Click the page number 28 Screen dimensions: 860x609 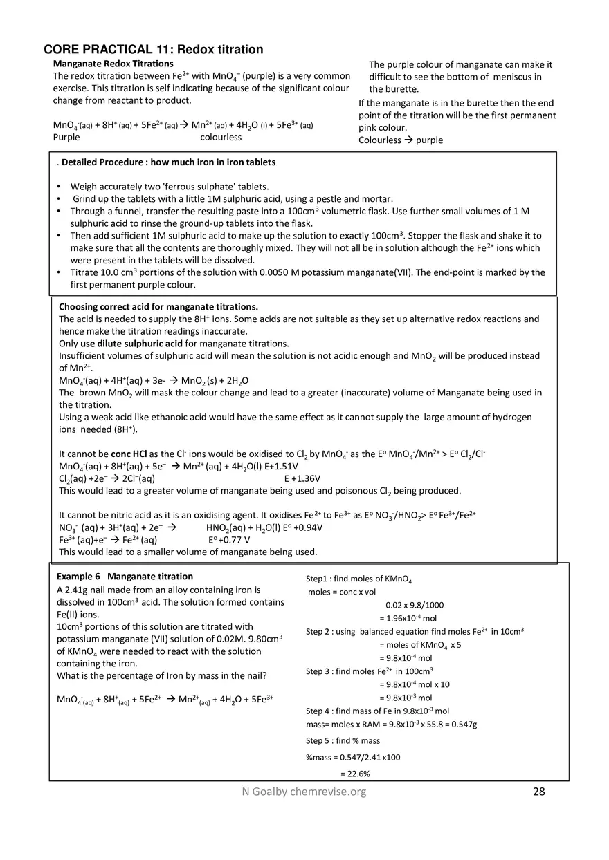[539, 792]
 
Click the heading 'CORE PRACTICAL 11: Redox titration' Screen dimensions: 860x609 [153, 50]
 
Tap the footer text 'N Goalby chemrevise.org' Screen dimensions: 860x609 [300, 792]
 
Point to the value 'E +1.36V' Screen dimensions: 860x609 [302, 478]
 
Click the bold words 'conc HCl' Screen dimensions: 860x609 [129, 454]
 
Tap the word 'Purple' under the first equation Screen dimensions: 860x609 [66, 138]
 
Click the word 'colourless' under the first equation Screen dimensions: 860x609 [221, 138]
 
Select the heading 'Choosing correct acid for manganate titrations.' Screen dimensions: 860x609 [158, 306]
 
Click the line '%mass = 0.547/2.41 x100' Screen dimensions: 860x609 [353, 757]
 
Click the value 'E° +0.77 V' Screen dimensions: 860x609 [229, 540]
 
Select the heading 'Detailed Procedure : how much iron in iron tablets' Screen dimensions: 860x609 [168, 162]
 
